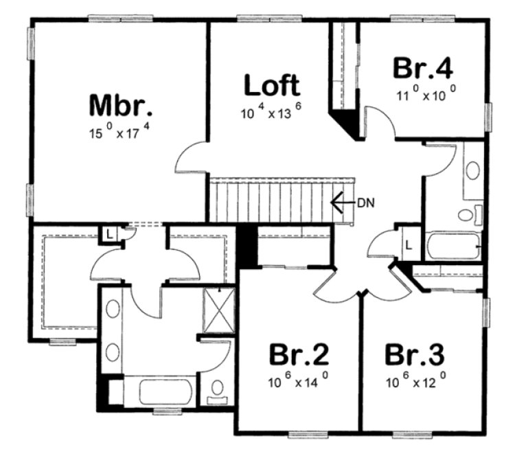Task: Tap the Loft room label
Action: pyautogui.click(x=272, y=86)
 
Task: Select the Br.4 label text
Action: pyautogui.click(x=423, y=69)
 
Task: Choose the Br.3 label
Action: pyautogui.click(x=414, y=355)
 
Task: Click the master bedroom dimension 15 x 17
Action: pyautogui.click(x=122, y=134)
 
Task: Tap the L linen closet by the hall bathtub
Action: pyautogui.click(x=409, y=244)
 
